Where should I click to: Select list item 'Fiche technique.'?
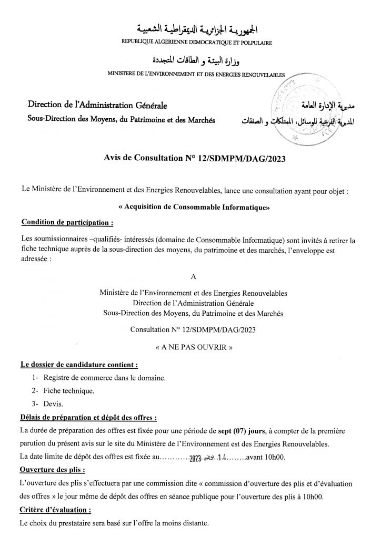tap(69, 391)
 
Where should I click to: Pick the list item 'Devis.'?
tap(54, 405)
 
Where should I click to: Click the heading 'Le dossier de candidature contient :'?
tap(79, 364)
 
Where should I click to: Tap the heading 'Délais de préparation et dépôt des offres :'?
tap(88, 418)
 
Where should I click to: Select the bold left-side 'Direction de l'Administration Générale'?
tap(97, 107)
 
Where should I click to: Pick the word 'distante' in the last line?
tap(194, 523)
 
